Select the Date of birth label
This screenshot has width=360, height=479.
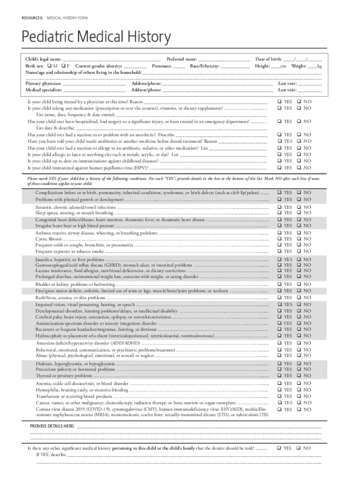(x=268, y=59)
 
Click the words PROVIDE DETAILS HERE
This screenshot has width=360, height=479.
(x=52, y=426)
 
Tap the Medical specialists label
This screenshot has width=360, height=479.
(x=43, y=89)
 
